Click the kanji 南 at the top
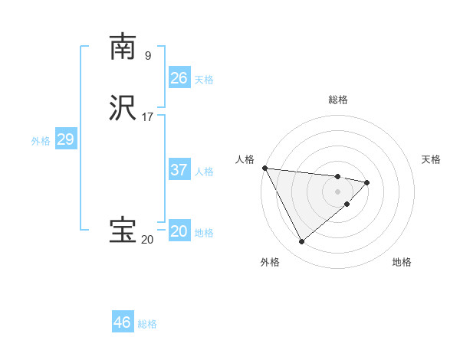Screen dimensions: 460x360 point(123,47)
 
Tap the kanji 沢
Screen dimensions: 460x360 point(123,109)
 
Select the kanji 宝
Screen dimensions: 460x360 point(123,231)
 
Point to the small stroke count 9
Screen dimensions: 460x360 point(148,55)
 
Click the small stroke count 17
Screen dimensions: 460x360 point(148,117)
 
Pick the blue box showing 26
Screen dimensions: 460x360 point(179,78)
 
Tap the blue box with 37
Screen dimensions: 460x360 point(179,170)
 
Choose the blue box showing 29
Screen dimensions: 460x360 point(65,139)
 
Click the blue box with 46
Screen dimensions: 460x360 point(123,322)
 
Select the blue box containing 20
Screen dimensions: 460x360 point(179,231)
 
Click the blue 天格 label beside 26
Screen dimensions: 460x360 point(204,80)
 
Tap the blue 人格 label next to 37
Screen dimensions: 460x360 point(204,172)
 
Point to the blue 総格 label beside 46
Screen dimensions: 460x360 point(147,324)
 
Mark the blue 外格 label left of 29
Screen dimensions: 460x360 point(41,141)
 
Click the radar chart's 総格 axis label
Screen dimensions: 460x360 point(337,100)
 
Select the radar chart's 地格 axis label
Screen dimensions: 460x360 point(402,262)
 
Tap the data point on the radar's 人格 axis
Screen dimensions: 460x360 point(264,168)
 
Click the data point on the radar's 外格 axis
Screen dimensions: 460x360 point(301,242)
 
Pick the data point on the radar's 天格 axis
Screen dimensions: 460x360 point(367,182)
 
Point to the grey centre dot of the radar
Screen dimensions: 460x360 point(337,191)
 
